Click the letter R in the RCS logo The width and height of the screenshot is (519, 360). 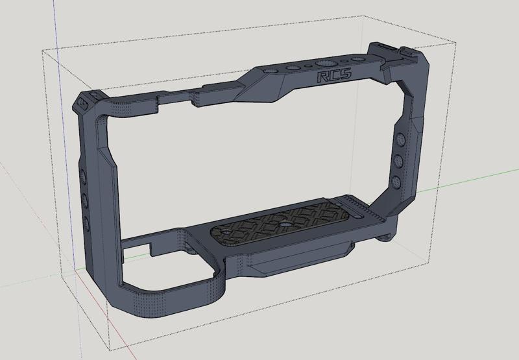(x=322, y=77)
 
